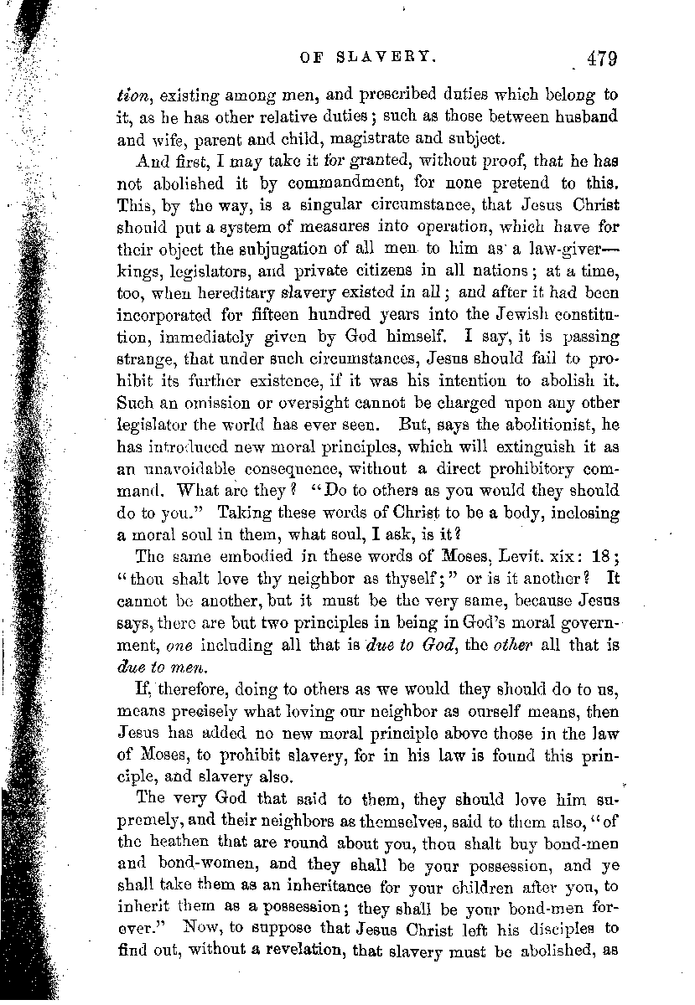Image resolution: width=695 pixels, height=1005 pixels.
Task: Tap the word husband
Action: click(x=576, y=116)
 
